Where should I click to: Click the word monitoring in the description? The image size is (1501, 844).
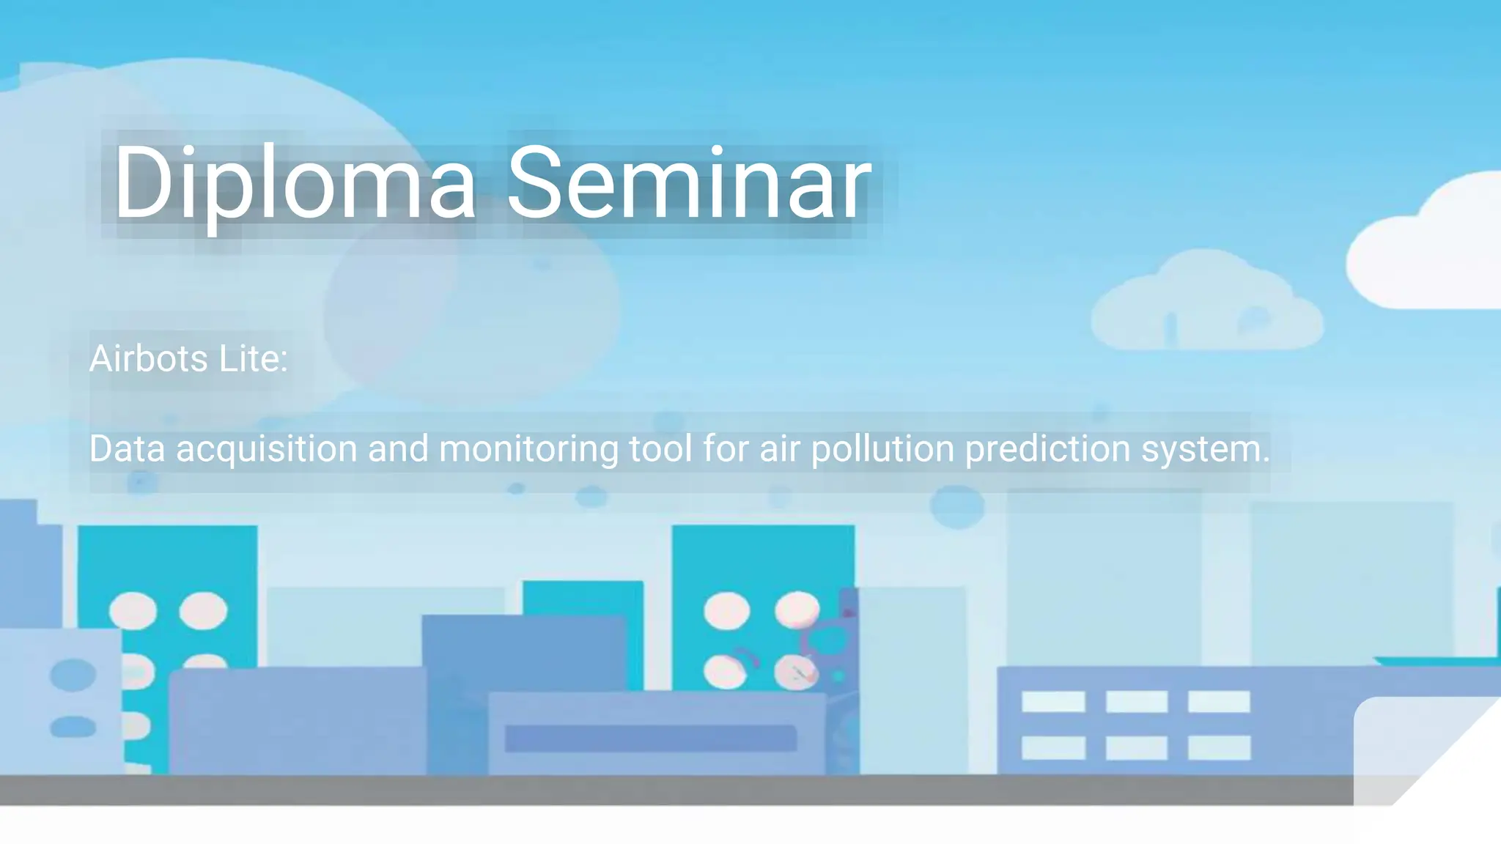[528, 448]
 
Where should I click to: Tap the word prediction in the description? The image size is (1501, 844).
[1047, 448]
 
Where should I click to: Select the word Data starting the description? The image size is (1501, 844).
[127, 448]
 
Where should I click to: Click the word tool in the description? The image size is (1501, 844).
[660, 448]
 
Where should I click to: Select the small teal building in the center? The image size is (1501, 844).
[583, 597]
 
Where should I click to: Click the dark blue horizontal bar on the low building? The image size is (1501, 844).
[650, 738]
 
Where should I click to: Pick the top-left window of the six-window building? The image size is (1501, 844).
[1053, 701]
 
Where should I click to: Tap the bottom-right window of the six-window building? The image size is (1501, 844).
[1219, 747]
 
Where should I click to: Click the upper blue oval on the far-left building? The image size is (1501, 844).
[73, 675]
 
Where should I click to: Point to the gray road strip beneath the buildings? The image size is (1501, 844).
[660, 790]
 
